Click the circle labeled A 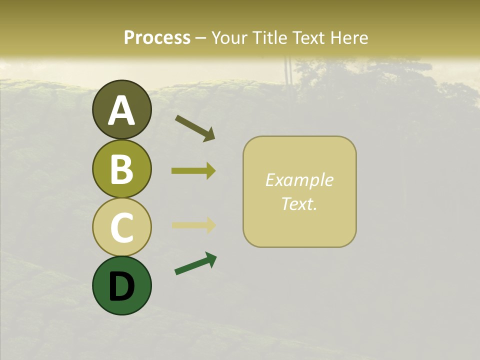click(x=121, y=109)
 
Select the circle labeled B click(x=121, y=168)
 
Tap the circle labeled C click(x=121, y=227)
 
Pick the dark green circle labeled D click(x=121, y=285)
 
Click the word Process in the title click(x=157, y=37)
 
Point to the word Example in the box click(x=299, y=180)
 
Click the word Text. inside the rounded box click(x=299, y=203)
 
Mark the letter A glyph click(x=121, y=110)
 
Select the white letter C click(x=121, y=227)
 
